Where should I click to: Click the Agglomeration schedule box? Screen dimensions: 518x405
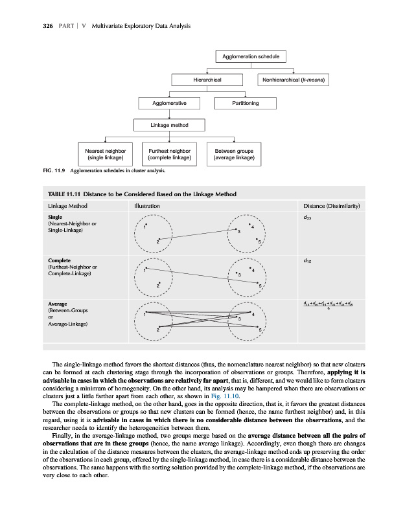tap(251, 56)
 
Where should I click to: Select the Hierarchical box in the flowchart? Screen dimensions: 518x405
tap(208, 80)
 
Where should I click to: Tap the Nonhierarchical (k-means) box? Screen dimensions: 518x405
tap(295, 80)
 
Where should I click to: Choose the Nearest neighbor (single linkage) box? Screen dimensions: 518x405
tap(106, 153)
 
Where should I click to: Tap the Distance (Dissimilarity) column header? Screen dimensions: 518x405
tap(330, 206)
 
